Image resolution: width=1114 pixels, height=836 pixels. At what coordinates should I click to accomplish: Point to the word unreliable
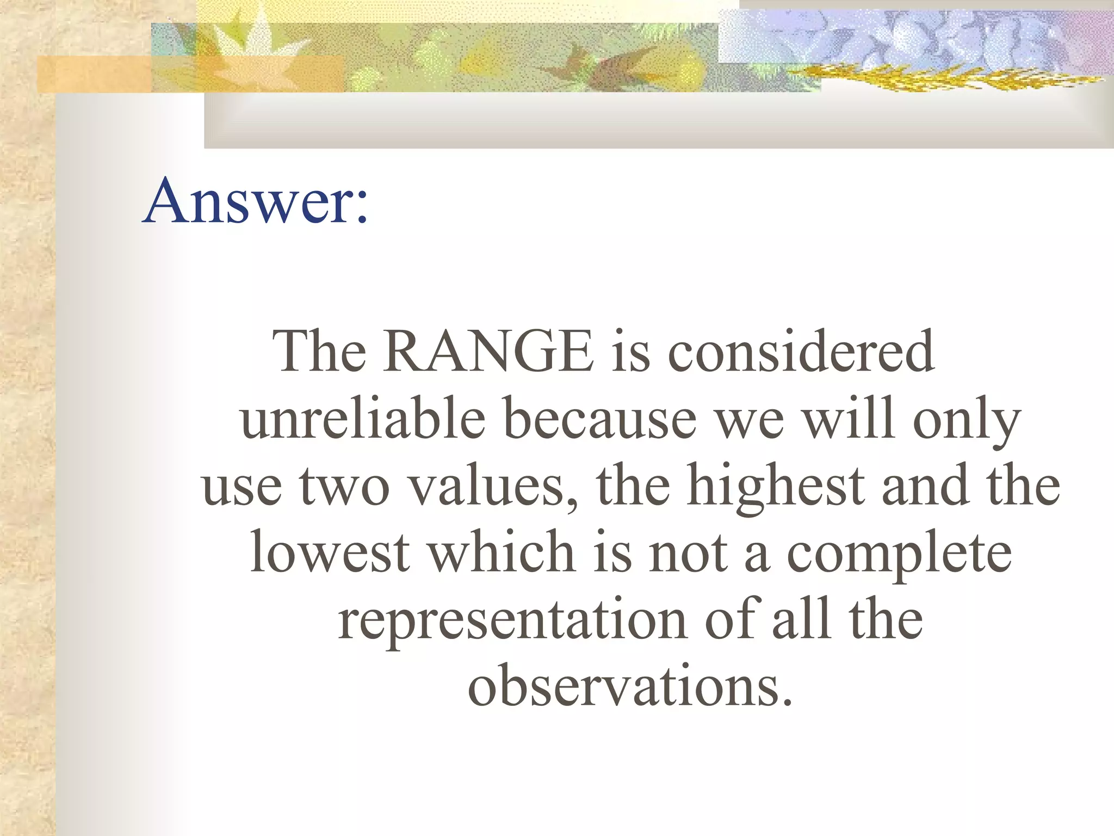[362, 419]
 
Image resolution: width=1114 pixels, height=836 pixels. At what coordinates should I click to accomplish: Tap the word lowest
[330, 552]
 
